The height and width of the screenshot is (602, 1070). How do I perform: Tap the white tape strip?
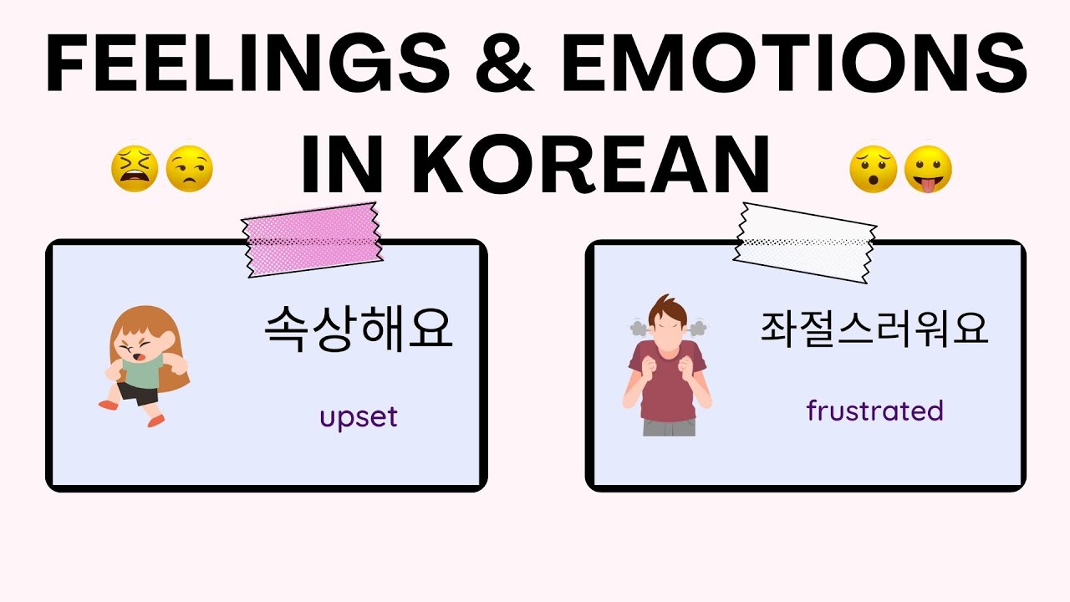[805, 241]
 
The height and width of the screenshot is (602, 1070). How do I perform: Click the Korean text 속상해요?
[358, 329]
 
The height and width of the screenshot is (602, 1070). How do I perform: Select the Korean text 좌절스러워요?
[874, 329]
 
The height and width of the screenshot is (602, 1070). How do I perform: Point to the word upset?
[358, 416]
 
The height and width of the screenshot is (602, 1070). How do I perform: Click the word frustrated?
[874, 411]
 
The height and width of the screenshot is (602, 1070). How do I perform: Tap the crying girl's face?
[135, 345]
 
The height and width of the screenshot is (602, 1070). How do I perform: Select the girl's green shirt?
[140, 373]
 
